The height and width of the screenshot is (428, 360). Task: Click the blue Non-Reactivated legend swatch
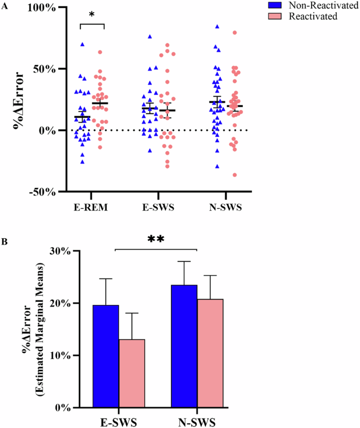[274, 5]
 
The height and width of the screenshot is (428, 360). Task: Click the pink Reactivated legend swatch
[274, 16]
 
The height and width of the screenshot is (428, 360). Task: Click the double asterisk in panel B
[156, 240]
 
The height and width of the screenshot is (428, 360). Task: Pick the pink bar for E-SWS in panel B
[131, 373]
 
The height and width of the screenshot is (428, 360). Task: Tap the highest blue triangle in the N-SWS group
[217, 26]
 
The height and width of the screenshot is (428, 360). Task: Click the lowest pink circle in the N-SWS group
[234, 175]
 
